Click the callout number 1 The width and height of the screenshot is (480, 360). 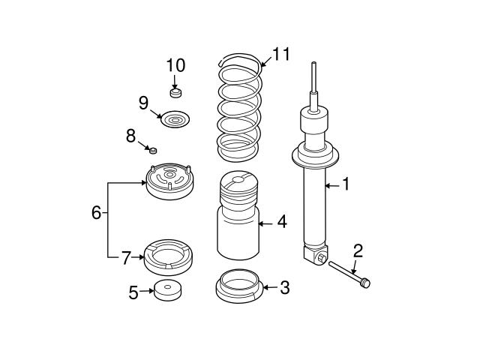coord(346,184)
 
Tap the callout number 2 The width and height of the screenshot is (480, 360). coord(358,250)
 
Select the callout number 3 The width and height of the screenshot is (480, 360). coord(284,286)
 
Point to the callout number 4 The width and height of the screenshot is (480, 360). coord(281,221)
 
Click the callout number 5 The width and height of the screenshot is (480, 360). coord(133,292)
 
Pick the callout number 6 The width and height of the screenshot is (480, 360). coord(96,213)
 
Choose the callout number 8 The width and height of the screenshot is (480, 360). coord(130,136)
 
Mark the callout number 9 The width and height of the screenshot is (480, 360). coord(143,102)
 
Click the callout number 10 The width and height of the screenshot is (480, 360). coord(175,64)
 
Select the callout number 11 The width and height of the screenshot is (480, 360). coord(280,54)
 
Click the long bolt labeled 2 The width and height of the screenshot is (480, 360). coord(349,272)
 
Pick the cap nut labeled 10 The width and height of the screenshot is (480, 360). coord(176,93)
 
